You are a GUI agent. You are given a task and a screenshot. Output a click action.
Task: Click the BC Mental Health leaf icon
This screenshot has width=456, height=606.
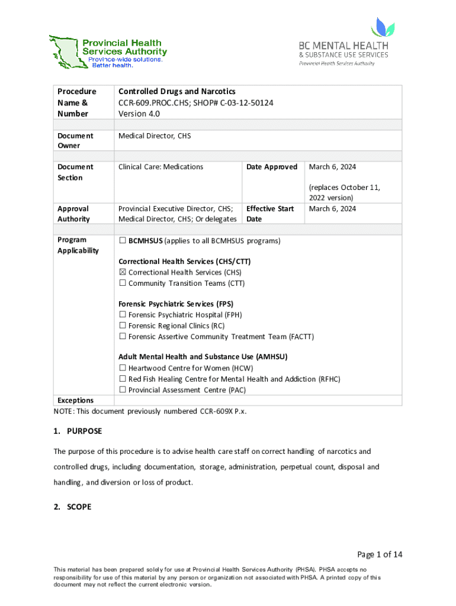click(382, 27)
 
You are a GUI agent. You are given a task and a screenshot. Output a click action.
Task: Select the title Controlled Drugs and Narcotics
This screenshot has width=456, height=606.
click(177, 91)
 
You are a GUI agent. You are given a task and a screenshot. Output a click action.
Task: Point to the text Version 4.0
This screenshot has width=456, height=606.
click(139, 114)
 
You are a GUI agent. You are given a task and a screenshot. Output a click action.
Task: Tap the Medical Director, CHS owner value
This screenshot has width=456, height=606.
click(155, 136)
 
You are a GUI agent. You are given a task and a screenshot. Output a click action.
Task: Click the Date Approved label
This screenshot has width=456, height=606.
click(272, 167)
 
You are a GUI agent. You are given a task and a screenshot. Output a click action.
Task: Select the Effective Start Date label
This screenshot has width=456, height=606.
click(269, 214)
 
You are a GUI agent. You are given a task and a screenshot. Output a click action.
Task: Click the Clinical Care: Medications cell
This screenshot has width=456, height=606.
click(160, 167)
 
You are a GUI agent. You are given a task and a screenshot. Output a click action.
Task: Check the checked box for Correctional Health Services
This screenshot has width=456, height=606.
click(123, 272)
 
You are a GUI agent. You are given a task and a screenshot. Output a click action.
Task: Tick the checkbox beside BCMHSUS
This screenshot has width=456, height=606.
click(123, 241)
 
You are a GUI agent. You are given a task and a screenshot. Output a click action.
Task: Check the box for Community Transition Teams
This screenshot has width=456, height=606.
click(123, 283)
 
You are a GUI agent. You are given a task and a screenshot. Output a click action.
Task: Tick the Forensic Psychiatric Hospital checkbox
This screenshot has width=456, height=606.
click(123, 315)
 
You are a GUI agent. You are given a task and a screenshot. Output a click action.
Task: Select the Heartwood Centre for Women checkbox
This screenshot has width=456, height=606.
click(123, 368)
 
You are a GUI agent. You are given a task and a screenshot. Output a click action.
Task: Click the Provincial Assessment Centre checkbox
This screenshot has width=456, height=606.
click(123, 390)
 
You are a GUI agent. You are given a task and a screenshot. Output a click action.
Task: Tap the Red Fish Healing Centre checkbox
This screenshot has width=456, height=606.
click(123, 379)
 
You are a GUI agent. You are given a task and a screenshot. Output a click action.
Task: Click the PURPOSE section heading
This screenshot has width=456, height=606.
click(84, 430)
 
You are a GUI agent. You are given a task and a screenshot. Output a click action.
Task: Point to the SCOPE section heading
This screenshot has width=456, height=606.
click(79, 507)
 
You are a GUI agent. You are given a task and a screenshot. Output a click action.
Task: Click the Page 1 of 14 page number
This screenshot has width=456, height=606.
click(379, 555)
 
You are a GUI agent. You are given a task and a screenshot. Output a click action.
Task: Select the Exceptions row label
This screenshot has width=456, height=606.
click(75, 401)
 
